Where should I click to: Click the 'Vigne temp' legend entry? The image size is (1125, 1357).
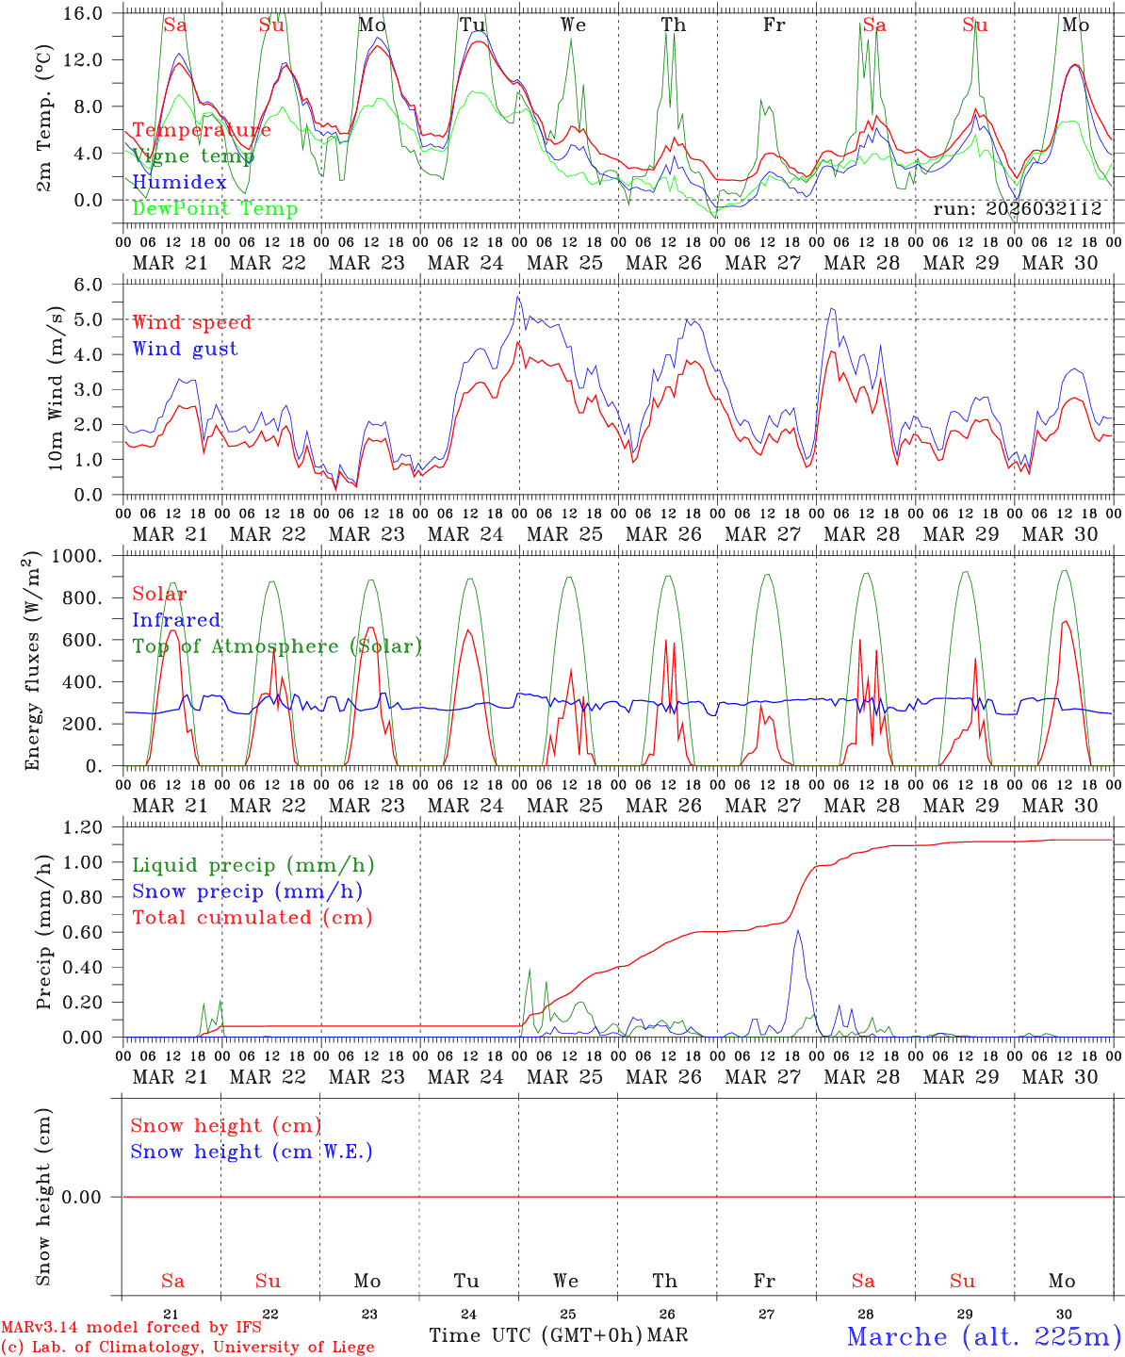click(193, 156)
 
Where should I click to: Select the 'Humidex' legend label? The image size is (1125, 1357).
click(179, 183)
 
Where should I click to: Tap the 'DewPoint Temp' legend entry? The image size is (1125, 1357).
click(215, 209)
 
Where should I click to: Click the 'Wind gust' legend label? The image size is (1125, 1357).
click(185, 349)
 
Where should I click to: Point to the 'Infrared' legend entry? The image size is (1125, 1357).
click(176, 620)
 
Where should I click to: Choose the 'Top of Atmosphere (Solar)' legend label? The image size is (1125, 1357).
click(276, 646)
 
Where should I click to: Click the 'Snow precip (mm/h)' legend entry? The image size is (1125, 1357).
click(247, 891)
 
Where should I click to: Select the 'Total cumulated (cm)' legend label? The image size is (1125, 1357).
click(252, 918)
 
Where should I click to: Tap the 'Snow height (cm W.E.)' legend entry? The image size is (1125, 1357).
click(252, 1152)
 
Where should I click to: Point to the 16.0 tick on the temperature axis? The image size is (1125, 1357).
click(85, 13)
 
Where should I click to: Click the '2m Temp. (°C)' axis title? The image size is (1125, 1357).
click(43, 118)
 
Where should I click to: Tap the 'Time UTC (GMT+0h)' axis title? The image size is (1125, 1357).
click(535, 1335)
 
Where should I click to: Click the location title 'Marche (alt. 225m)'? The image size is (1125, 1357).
click(984, 1336)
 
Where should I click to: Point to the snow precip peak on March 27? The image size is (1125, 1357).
click(798, 931)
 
